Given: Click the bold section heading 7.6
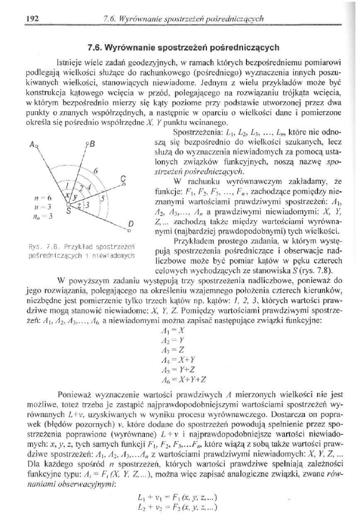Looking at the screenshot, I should pyautogui.click(x=182, y=48).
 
